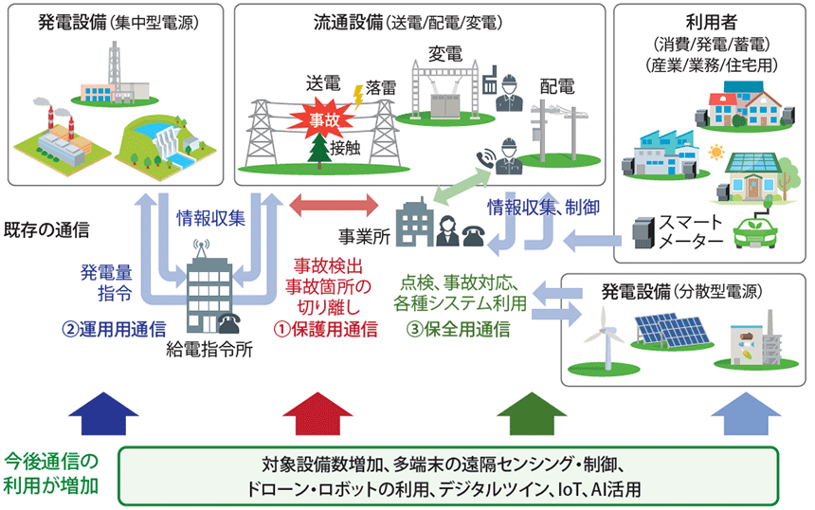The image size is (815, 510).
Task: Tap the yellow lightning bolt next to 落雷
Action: point(357,94)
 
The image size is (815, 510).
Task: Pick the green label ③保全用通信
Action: point(460,329)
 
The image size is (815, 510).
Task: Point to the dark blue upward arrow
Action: point(103,413)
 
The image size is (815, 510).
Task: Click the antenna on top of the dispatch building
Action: point(200,246)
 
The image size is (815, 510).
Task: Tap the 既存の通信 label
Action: point(47,229)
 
